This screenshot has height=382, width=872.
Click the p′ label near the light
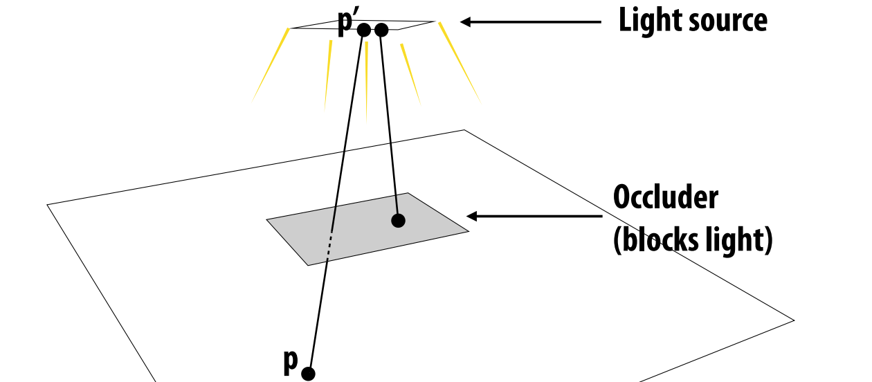345,22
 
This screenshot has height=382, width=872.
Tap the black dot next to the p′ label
364,30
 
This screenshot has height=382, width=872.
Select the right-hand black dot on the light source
381,30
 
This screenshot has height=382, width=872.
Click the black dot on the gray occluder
398,221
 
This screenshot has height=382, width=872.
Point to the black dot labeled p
309,374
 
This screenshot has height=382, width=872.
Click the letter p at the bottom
291,362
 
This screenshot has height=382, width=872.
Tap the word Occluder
666,197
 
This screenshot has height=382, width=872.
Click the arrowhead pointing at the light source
466,22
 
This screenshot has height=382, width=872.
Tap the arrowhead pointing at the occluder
472,216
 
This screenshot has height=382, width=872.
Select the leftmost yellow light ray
270,66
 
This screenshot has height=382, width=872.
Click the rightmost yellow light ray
460,63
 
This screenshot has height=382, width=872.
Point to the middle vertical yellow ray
366,82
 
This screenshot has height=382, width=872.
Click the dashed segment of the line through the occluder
329,244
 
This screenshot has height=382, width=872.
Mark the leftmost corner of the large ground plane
47,204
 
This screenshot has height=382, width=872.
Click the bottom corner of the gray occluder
309,266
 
